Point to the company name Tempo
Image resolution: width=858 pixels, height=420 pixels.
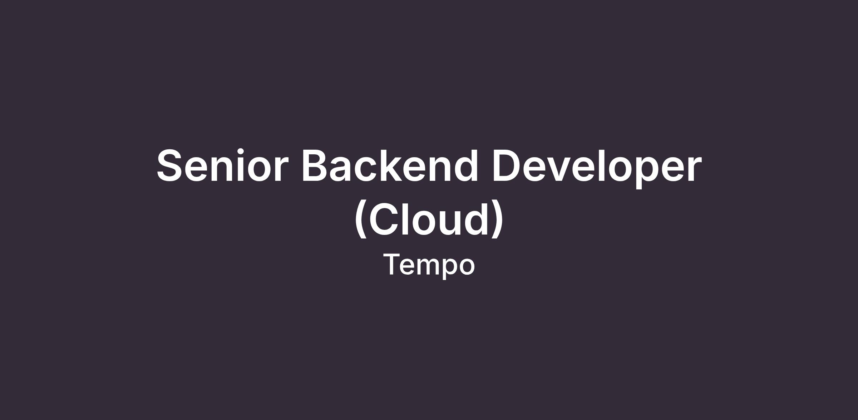click(x=429, y=265)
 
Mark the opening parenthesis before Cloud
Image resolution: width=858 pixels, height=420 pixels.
click(x=361, y=219)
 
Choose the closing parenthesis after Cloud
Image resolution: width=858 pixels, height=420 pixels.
click(x=497, y=219)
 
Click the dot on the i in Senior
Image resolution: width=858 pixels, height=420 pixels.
click(x=241, y=152)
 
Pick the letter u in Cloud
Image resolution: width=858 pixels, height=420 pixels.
click(x=452, y=223)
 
